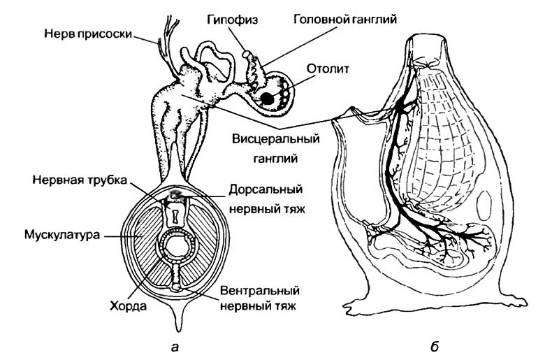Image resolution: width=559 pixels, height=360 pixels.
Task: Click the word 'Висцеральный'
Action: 269,138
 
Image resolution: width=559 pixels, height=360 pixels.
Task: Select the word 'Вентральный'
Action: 259,291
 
